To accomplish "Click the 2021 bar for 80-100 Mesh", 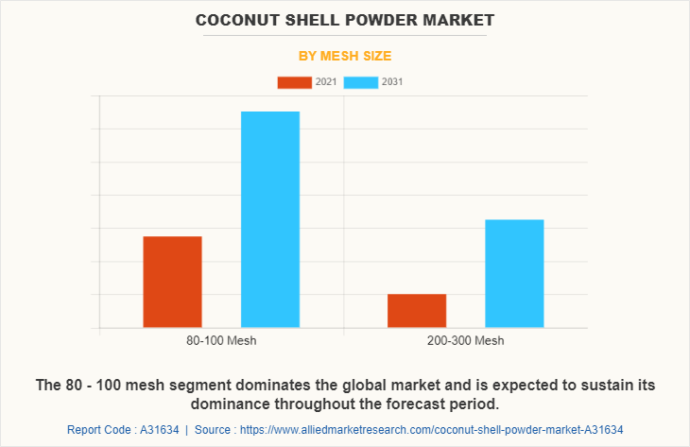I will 172,282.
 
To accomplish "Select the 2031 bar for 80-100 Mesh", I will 270,219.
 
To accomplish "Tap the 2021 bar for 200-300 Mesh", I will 417,311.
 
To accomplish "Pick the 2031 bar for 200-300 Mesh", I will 514,273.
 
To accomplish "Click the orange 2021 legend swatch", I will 294,82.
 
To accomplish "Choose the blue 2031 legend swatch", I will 361,82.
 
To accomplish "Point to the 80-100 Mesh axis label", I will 221,341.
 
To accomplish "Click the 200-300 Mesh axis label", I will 465,341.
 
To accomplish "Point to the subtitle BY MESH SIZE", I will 344,56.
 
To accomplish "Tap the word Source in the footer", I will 213,429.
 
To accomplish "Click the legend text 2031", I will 392,82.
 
